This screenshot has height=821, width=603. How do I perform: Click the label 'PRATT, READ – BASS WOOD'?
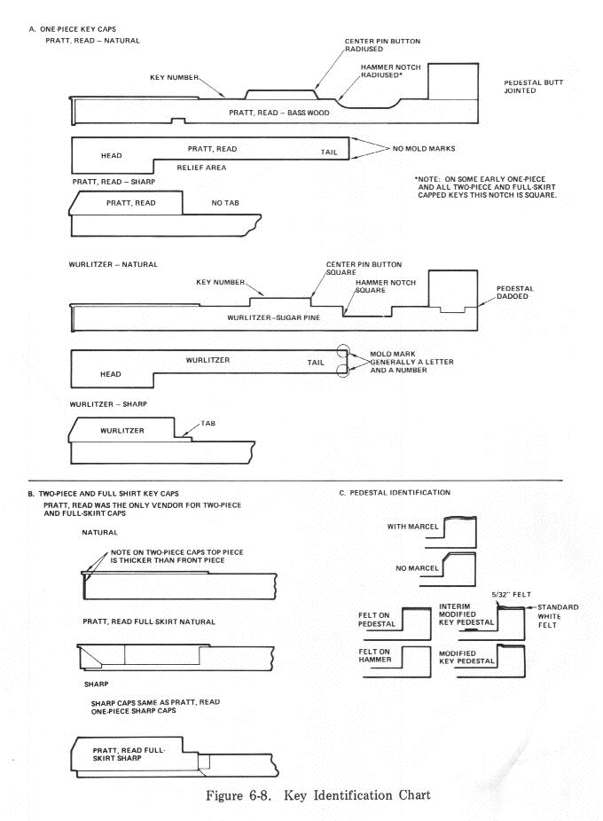(278, 113)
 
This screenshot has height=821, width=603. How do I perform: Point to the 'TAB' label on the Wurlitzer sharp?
(209, 423)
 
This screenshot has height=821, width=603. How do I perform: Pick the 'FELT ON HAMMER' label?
(377, 655)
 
